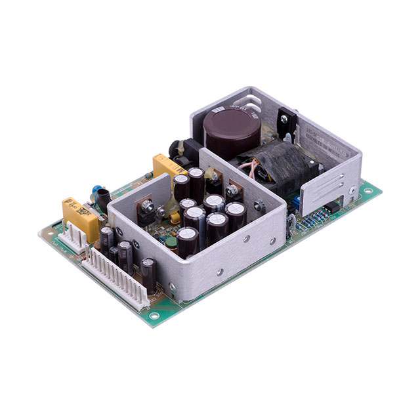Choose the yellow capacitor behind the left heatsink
coord(168,167)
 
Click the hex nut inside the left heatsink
coord(150,210)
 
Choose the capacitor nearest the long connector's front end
coord(149,272)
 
